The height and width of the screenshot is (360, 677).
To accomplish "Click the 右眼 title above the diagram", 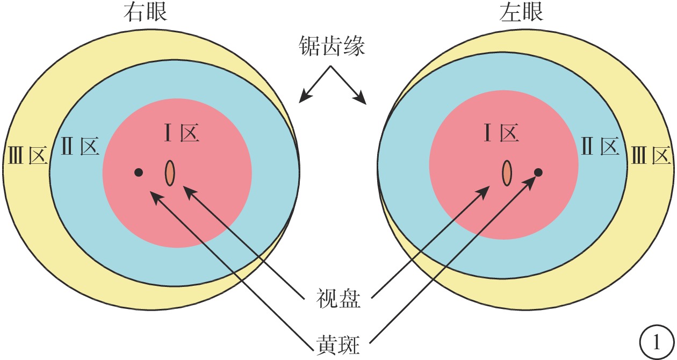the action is (x=146, y=13).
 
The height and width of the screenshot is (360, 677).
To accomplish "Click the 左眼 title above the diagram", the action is (x=521, y=12).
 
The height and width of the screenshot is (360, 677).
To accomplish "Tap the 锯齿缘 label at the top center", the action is (x=332, y=46).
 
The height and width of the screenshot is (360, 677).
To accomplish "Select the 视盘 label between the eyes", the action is (x=338, y=298).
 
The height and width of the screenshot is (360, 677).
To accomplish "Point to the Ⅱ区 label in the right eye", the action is (x=81, y=146).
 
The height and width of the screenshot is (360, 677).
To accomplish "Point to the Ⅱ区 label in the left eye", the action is (x=601, y=146).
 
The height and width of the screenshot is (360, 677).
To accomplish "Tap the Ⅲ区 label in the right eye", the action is (x=28, y=155).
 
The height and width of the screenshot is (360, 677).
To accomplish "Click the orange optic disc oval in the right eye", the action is (x=170, y=173).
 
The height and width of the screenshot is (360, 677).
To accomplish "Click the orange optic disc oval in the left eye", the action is (x=507, y=173).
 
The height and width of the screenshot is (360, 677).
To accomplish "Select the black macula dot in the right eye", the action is (x=139, y=172).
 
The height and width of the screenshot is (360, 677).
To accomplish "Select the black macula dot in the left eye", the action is (x=538, y=172).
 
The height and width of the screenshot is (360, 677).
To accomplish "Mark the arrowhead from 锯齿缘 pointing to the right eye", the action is (x=305, y=97).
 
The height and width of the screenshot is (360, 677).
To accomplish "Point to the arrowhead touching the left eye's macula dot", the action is (x=529, y=182).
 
